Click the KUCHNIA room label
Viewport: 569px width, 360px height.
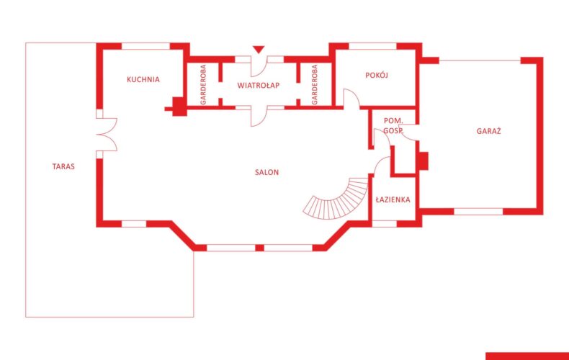143,79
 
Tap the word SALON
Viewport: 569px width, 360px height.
266,172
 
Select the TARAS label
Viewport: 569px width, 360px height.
63,166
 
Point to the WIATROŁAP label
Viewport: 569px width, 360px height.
259,85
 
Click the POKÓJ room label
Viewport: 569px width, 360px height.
377,75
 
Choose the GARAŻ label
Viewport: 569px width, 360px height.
489,131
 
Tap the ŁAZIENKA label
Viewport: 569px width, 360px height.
393,199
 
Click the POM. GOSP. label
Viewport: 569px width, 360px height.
393,125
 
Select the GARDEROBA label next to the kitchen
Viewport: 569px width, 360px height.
203,84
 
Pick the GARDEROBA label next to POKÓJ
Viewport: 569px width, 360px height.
315,84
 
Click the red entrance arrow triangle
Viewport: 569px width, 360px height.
259,50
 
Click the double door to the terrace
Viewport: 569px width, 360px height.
107,134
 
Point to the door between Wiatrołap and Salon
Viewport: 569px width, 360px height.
259,117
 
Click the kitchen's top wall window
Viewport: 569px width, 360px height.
145,46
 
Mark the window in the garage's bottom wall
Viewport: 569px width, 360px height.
478,212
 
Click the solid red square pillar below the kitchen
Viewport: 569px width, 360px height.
179,107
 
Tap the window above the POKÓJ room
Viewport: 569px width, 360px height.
372,46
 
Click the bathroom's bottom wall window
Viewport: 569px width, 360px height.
385,224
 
